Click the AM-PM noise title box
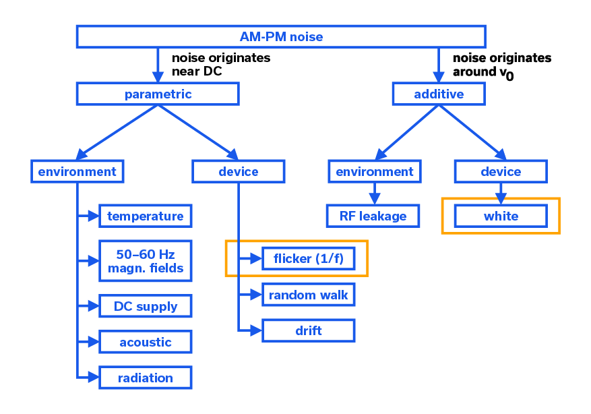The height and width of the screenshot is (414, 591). point(281,36)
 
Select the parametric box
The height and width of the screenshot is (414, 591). point(158,94)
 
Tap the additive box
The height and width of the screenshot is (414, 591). point(438,94)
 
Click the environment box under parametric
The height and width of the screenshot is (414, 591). point(77,171)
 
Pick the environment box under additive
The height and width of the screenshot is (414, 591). point(375,171)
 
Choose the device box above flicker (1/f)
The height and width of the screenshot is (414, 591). point(238,171)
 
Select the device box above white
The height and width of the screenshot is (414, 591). point(501,171)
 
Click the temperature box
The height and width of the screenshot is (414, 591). point(145,216)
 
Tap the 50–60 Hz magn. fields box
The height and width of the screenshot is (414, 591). point(145,262)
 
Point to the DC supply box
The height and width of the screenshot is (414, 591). point(145,306)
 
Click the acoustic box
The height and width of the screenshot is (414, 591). point(145,342)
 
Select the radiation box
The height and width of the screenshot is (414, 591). point(145,378)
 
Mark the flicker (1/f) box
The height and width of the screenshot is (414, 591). point(308,259)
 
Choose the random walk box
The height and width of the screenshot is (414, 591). point(308,295)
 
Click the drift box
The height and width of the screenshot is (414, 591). point(308,330)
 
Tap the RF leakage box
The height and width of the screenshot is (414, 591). point(375,216)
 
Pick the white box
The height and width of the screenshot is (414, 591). point(501,216)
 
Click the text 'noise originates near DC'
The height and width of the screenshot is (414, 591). point(220,64)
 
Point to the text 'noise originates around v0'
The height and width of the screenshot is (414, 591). point(501,65)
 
